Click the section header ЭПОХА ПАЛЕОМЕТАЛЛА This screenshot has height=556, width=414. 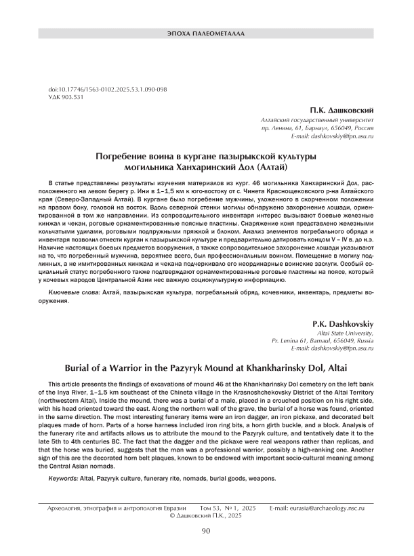click(x=207, y=32)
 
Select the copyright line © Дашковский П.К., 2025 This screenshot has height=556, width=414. click(x=207, y=516)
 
